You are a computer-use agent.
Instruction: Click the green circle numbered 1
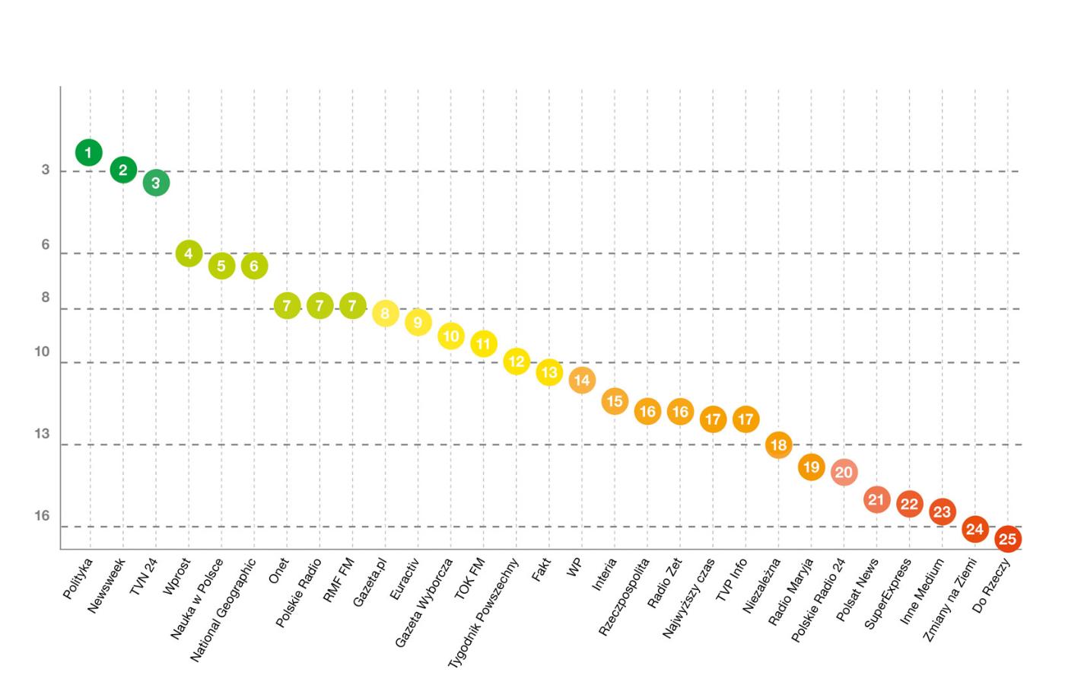[89, 153]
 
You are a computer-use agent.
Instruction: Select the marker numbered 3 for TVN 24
[156, 183]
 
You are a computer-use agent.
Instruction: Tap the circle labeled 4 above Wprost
[189, 253]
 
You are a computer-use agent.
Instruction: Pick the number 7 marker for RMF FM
[352, 306]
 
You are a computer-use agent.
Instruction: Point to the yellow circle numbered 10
[451, 336]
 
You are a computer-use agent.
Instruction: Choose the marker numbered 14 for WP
[582, 380]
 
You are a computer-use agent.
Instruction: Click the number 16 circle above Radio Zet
[680, 412]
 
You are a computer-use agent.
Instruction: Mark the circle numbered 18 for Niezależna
[778, 444]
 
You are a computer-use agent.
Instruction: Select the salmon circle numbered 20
[844, 472]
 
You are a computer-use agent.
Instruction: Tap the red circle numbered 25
[1007, 539]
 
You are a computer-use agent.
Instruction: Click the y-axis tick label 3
[46, 170]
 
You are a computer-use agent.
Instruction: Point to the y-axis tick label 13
[42, 434]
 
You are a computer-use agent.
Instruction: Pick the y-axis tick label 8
[46, 298]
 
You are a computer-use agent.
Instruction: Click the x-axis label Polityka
[78, 578]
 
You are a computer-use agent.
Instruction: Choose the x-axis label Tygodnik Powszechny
[484, 613]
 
